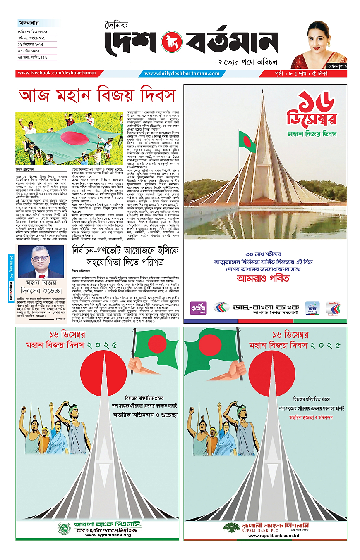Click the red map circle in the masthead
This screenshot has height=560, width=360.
tap(173, 42)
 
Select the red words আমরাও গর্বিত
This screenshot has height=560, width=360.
tap(263, 278)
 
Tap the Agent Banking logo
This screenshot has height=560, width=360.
tap(312, 308)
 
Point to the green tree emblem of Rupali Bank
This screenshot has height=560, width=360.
tap(231, 527)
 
